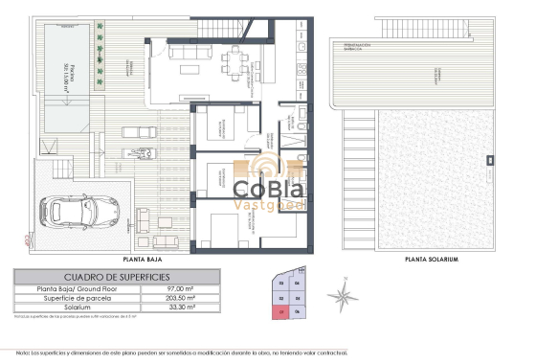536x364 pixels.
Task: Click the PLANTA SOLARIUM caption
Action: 426,260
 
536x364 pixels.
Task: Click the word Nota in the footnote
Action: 21,353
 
